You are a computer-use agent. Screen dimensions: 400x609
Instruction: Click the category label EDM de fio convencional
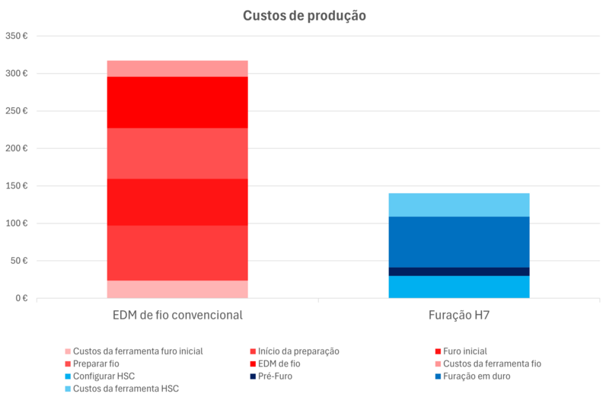pos(177,315)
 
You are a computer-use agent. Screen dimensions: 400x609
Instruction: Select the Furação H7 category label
pos(458,315)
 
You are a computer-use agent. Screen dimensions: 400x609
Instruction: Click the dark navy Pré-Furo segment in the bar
pos(458,271)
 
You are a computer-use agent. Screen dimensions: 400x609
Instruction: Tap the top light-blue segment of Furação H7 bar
pos(458,205)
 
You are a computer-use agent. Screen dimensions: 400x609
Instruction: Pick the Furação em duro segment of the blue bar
pos(458,242)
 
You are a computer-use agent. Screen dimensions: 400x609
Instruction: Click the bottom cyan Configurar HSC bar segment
pos(458,287)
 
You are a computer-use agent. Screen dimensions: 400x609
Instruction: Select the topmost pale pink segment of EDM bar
pos(177,68)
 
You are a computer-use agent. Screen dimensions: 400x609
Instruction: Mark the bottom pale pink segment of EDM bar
pos(177,290)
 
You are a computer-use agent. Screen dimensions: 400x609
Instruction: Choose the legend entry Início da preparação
pos(298,351)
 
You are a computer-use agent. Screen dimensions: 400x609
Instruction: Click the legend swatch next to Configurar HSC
pos(68,376)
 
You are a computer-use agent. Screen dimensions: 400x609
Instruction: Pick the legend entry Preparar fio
pos(96,363)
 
